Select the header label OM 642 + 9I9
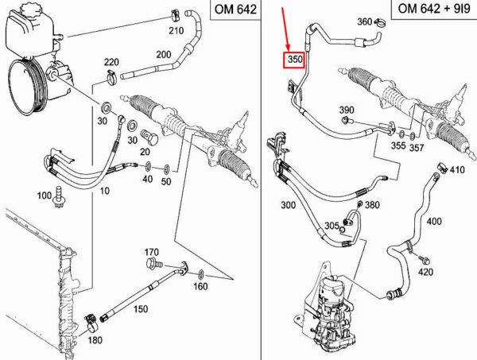[429, 10]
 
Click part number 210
[176, 31]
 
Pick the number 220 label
[111, 62]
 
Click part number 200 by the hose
[164, 55]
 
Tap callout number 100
[45, 195]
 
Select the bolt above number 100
[60, 193]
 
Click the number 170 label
[153, 251]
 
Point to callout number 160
[200, 286]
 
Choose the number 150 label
[140, 308]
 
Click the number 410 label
[457, 169]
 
